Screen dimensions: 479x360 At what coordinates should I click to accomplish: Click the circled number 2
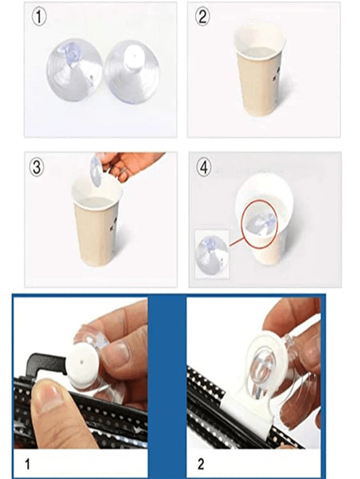click(x=202, y=16)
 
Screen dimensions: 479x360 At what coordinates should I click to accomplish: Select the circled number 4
click(x=202, y=167)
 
